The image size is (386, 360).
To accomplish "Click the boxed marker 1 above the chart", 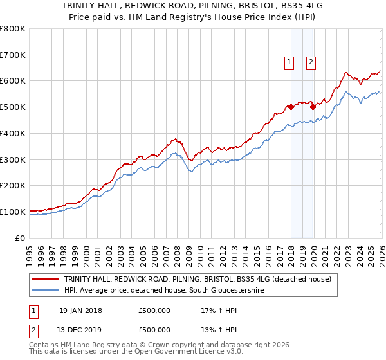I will (289, 62).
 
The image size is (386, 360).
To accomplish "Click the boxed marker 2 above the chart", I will (311, 62).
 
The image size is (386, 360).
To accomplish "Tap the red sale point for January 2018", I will (291, 107).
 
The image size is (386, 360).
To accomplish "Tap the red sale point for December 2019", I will (313, 107).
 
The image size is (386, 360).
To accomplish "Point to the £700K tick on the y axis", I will (13, 55).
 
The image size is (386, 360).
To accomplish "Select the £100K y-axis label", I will (13, 212).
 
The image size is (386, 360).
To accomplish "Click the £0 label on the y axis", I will (21, 238).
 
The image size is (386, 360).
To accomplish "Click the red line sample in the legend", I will (46, 279).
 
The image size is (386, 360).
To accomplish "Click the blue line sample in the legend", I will (46, 291).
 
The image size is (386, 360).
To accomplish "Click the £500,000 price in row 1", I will (154, 310).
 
